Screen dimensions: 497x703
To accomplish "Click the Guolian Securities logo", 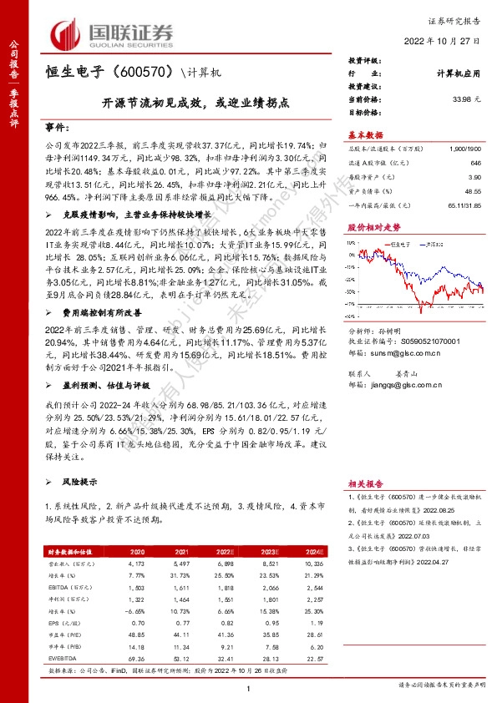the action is click(113, 33).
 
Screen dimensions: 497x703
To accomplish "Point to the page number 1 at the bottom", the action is click(249, 687).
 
